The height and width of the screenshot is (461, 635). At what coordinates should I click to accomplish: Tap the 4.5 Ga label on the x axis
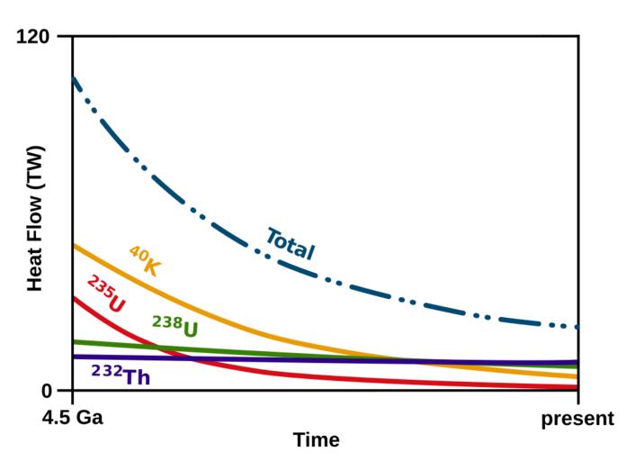[73, 419]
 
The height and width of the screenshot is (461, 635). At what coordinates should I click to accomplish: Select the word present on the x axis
[577, 419]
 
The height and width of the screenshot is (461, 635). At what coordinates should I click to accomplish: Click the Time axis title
[316, 440]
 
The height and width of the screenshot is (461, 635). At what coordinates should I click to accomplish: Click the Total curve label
[290, 244]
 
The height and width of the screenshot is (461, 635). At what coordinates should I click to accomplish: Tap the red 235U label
[106, 294]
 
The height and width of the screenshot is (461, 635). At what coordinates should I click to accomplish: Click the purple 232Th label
[121, 375]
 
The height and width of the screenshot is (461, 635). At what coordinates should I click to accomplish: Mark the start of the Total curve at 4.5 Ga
[74, 78]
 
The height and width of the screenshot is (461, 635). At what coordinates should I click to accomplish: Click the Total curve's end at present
[577, 327]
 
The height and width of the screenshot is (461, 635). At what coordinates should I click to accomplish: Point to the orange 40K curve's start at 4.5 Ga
[74, 244]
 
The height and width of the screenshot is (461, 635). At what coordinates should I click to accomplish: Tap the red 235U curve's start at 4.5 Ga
[74, 297]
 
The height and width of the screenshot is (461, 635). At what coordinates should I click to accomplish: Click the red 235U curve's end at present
[577, 387]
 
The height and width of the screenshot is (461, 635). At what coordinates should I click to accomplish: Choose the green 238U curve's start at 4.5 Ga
[74, 341]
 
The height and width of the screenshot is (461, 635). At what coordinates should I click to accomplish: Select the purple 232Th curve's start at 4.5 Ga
[74, 357]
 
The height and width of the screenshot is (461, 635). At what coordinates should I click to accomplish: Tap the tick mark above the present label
[578, 397]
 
